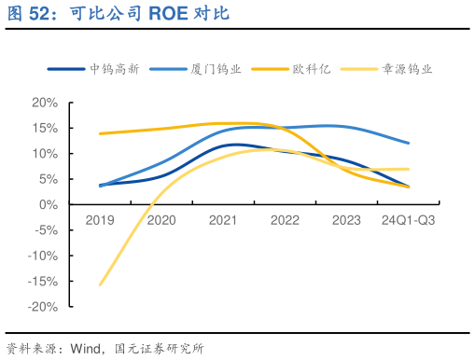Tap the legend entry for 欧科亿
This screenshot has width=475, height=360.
pyautogui.click(x=306, y=68)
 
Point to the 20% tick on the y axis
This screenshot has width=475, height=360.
pyautogui.click(x=45, y=102)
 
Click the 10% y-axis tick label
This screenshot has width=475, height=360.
pyautogui.click(x=45, y=153)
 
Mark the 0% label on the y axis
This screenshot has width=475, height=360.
pyautogui.click(x=49, y=204)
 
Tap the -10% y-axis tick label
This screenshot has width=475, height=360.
pyautogui.click(x=43, y=256)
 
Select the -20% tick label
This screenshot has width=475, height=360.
pyautogui.click(x=43, y=307)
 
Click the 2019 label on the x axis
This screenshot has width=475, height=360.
pyautogui.click(x=100, y=220)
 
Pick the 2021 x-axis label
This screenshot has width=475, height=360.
pyautogui.click(x=223, y=220)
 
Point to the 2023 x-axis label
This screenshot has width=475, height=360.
pyautogui.click(x=346, y=220)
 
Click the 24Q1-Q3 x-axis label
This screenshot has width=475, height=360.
pyautogui.click(x=408, y=220)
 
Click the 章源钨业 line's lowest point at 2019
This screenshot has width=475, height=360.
pyautogui.click(x=100, y=284)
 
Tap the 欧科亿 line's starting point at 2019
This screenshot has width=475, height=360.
pyautogui.click(x=100, y=133)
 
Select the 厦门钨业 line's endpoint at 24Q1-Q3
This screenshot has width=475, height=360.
pyautogui.click(x=408, y=143)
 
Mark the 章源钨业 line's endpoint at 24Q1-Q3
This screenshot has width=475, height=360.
pyautogui.click(x=408, y=169)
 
